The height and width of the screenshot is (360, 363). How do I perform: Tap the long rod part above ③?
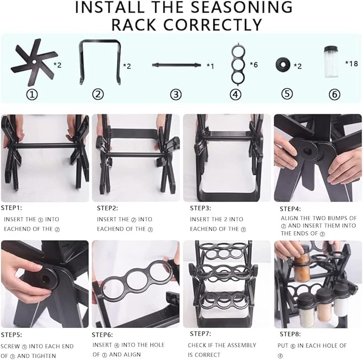pyautogui.click(x=176, y=65)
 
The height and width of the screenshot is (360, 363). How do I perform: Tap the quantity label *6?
pyautogui.click(x=254, y=64)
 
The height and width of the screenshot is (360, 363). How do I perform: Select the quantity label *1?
pyautogui.click(x=211, y=66)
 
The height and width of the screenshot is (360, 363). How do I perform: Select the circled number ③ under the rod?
pyautogui.click(x=176, y=95)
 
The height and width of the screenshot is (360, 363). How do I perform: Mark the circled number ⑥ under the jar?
pyautogui.click(x=334, y=95)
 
